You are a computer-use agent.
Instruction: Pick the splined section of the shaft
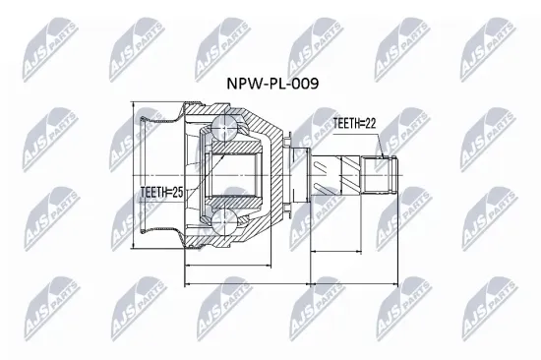tap(340, 177)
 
